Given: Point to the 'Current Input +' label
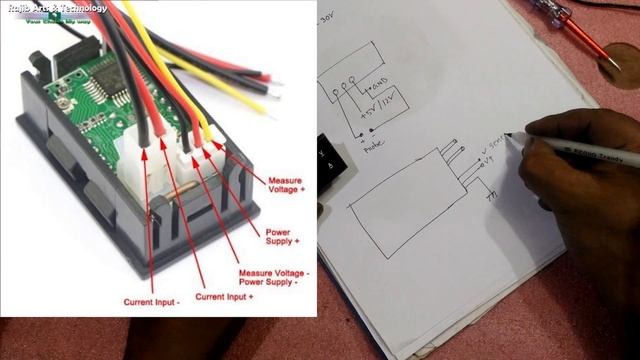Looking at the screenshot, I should click(x=224, y=296).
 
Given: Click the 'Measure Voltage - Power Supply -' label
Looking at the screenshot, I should click(x=274, y=277).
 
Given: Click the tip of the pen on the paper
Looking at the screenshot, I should click(x=507, y=134).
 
